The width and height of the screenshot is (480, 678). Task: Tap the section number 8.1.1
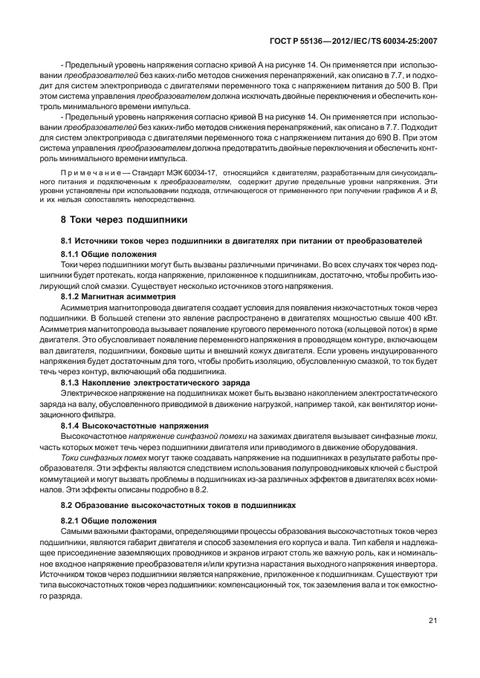point(71,253)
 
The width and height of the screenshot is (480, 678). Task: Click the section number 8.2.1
point(71,521)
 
